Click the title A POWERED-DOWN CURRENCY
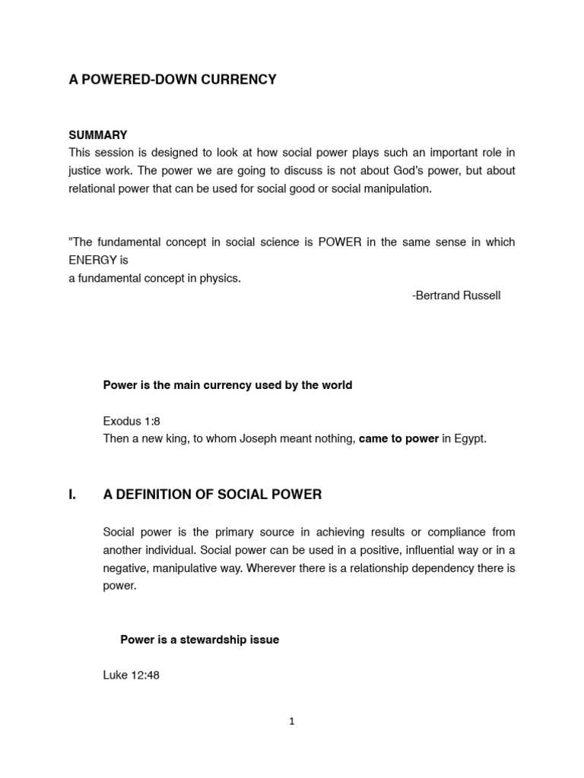click(173, 80)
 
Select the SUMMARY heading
click(98, 134)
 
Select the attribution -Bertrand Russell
click(456, 296)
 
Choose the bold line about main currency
click(227, 385)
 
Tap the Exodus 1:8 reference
click(132, 421)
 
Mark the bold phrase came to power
click(398, 439)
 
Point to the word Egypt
click(469, 439)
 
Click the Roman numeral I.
click(72, 495)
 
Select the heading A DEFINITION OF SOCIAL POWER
click(212, 495)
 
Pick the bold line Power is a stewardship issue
click(199, 640)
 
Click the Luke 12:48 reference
click(131, 675)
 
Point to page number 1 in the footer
click(292, 722)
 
